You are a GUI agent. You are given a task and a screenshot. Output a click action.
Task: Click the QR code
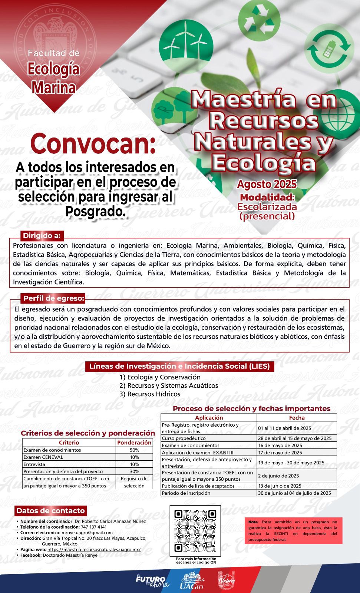[x=195, y=531]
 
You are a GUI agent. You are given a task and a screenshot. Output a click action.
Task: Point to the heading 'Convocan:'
[x=93, y=145]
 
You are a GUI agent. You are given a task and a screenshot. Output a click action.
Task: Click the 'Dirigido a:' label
[x=42, y=235]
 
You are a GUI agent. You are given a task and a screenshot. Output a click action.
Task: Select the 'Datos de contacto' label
[x=50, y=511]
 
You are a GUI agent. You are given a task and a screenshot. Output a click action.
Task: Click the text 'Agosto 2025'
[x=267, y=184]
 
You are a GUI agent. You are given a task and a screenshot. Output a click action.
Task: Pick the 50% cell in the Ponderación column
[x=134, y=450]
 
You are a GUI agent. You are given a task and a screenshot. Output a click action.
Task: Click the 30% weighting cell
[x=134, y=471]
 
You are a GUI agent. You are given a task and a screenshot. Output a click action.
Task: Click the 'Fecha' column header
[x=297, y=417]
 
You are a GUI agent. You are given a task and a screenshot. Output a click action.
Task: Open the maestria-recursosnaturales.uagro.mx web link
[x=94, y=549]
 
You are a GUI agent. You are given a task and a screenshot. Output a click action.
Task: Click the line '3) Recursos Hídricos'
[x=150, y=394]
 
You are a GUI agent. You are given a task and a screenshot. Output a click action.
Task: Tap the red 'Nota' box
[x=293, y=530]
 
